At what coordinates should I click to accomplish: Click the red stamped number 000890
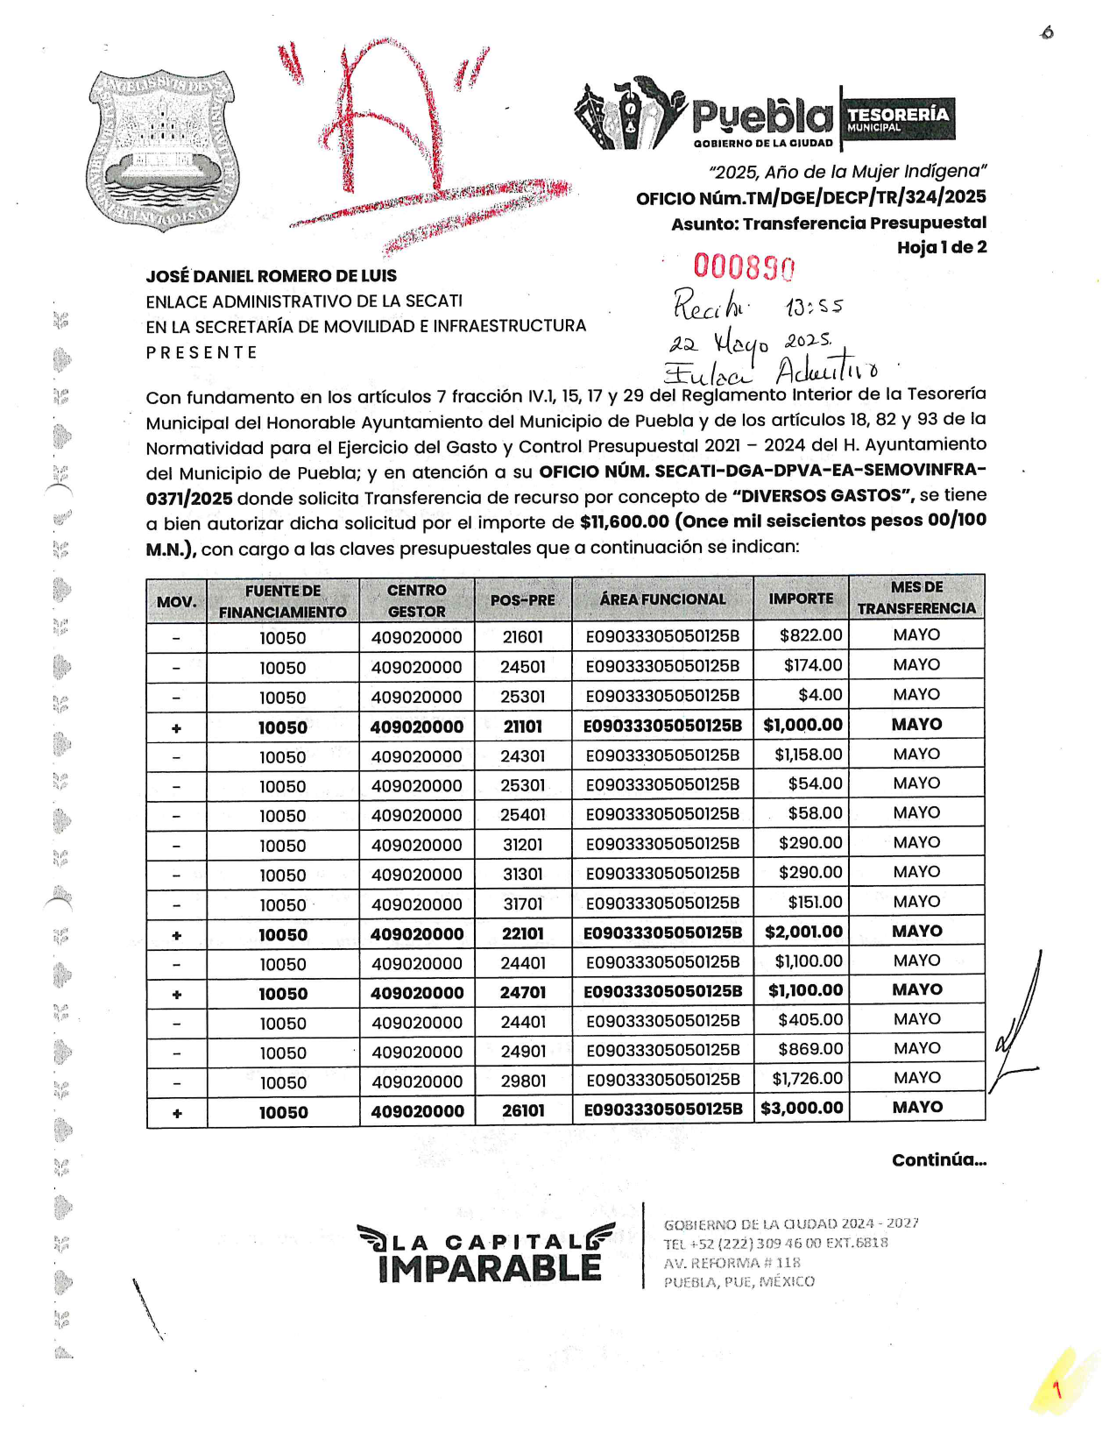click(744, 266)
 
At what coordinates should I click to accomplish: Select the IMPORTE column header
click(801, 599)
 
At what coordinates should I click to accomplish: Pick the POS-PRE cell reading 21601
click(522, 637)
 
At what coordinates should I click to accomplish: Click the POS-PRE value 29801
click(523, 1081)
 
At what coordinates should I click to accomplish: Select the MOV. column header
click(176, 602)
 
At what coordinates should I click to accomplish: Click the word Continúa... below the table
click(939, 1160)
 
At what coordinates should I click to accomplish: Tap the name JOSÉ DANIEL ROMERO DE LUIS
click(271, 276)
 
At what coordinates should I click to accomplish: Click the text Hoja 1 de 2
click(941, 247)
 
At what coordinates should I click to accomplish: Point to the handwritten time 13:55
click(814, 308)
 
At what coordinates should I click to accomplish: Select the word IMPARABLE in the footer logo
click(490, 1268)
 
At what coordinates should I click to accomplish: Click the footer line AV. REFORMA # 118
click(732, 1263)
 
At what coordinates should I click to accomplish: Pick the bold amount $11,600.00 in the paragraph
click(624, 522)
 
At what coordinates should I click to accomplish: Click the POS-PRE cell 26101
click(523, 1111)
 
